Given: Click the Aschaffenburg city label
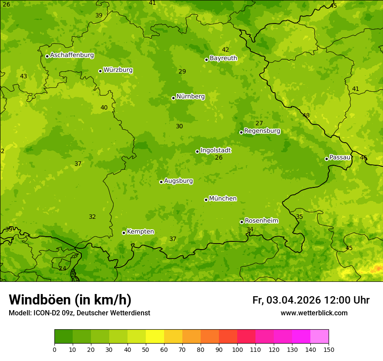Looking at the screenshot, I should tap(72, 55).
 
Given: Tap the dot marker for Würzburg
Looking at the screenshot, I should tap(100, 71).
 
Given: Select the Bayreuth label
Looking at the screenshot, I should tap(223, 58).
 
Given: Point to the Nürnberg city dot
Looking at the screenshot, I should tap(173, 98).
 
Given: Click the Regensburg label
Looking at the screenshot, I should tap(262, 131).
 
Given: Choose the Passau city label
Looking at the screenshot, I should tap(340, 157).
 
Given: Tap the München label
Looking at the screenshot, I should tap(223, 199).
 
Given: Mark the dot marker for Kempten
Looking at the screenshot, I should tap(124, 233).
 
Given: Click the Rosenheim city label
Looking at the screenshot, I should tap(261, 221).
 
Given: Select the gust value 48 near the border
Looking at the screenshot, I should tap(306, 115).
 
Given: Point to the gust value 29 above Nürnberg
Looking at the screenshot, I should tap(182, 71).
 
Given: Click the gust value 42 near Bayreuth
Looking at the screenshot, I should tap(225, 50).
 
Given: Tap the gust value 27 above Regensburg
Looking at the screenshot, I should tap(259, 123).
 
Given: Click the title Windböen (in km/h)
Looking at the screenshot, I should tap(70, 300).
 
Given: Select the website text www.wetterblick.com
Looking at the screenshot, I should tap(314, 313).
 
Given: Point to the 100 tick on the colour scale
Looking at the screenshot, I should tap(237, 349).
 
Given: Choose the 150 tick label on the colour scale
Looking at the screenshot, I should tap(329, 349).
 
